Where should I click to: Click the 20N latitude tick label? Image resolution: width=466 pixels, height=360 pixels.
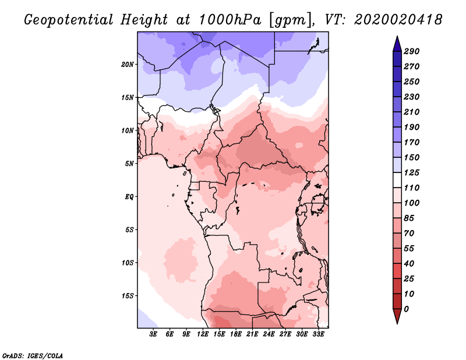point(128,64)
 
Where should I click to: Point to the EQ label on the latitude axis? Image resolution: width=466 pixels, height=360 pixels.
point(129,196)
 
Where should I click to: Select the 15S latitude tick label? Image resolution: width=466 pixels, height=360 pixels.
point(128,295)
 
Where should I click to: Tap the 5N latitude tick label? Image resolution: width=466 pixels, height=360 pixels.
point(129,163)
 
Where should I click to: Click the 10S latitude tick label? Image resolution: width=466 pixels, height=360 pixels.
point(128,263)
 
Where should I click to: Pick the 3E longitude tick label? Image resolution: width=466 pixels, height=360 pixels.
point(154,335)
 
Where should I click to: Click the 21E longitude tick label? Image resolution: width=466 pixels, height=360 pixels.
point(252,335)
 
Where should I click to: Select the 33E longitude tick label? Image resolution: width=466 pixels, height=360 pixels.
point(318,335)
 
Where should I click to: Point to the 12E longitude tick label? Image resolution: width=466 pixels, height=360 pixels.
point(203,335)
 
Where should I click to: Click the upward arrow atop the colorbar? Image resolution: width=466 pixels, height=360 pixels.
point(396,42)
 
